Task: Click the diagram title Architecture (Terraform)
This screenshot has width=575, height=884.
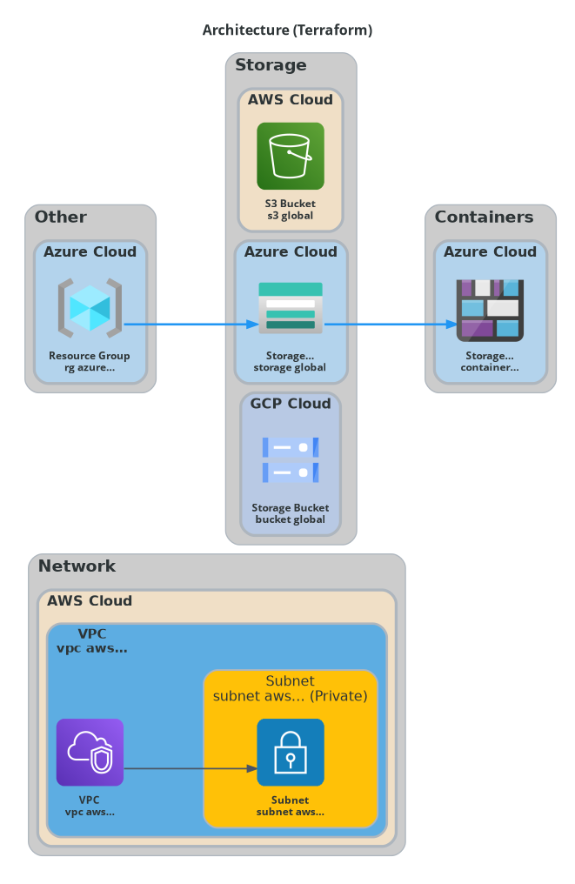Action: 287,30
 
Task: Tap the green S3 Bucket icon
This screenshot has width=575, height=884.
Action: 291,156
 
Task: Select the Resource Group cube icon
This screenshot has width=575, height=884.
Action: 90,308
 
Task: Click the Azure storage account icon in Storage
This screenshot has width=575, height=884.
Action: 291,307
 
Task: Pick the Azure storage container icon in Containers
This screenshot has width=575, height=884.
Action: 490,310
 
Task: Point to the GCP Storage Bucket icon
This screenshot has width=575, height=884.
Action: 291,460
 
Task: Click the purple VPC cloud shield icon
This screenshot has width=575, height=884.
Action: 90,752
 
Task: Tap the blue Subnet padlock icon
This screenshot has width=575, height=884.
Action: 291,752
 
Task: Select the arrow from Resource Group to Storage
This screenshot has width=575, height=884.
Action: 191,325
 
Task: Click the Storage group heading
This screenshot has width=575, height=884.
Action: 271,65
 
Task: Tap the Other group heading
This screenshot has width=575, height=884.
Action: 61,217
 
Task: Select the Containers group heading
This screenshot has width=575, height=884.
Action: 484,217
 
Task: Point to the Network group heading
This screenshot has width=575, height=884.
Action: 77,566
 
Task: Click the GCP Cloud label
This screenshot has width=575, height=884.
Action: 291,404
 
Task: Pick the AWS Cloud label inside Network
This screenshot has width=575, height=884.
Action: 90,601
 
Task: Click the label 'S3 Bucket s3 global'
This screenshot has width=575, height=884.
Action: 291,210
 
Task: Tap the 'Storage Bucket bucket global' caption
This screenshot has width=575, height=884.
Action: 291,514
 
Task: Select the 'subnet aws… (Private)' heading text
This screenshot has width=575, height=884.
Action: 291,696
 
